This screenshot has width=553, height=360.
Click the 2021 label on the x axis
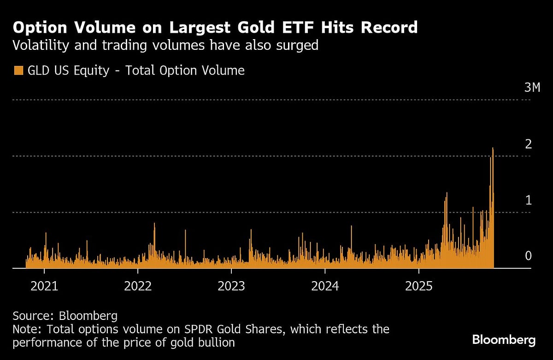coord(44,286)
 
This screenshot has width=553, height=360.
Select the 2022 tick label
coord(138,286)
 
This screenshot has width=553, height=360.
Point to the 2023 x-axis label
coord(232,286)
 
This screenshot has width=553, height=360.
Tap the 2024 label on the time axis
coord(325,286)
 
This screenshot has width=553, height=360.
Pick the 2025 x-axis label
coord(419,286)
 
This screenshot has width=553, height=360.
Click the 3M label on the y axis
coord(532,88)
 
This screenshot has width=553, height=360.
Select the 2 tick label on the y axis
coord(529,144)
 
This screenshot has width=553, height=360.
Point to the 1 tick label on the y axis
coord(529,200)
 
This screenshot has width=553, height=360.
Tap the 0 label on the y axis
coord(529,256)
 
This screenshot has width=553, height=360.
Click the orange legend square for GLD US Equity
coord(18,71)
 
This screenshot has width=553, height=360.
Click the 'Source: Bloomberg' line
coord(65,316)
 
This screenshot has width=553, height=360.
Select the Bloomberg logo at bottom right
coord(504,340)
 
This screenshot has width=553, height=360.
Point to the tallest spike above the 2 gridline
coord(493,149)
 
